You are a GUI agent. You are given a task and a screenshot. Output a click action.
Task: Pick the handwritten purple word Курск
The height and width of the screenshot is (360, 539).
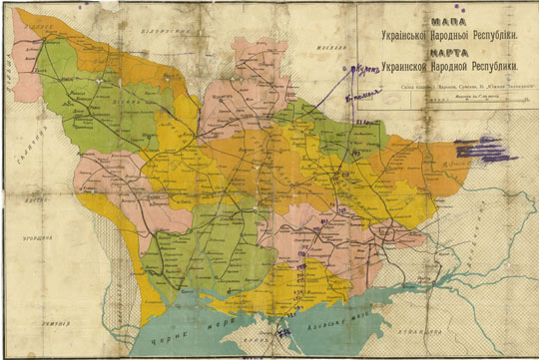pyautogui.click(x=365, y=71)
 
